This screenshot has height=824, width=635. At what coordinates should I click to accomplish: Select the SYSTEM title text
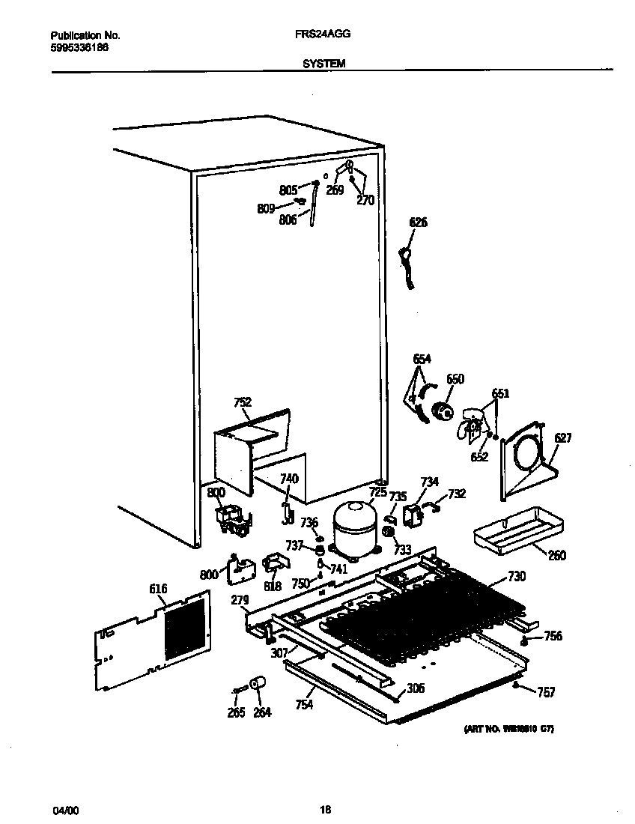tap(323, 64)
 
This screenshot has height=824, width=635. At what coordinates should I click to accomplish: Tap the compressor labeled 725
tap(356, 528)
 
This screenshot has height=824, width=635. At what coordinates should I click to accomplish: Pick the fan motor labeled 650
tap(444, 411)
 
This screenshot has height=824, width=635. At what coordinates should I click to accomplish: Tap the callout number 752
tap(242, 402)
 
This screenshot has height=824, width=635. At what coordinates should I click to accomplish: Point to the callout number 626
tap(418, 222)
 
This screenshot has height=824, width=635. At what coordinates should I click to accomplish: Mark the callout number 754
tap(304, 704)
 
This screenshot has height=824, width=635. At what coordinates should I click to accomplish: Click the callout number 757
tap(546, 693)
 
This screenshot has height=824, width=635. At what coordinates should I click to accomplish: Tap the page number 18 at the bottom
tap(325, 809)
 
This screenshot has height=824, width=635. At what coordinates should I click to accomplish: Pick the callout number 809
tap(266, 209)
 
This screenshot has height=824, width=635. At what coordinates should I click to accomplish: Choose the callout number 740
tap(288, 479)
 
